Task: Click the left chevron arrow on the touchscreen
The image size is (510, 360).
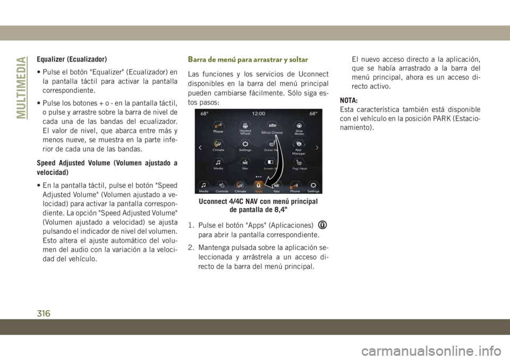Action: [x=200, y=147]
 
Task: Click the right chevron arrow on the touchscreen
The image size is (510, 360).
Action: [x=317, y=147]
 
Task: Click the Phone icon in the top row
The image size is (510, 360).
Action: [x=218, y=128]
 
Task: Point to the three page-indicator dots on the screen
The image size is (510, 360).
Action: [x=259, y=175]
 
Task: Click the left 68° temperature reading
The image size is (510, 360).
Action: [x=204, y=113]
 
